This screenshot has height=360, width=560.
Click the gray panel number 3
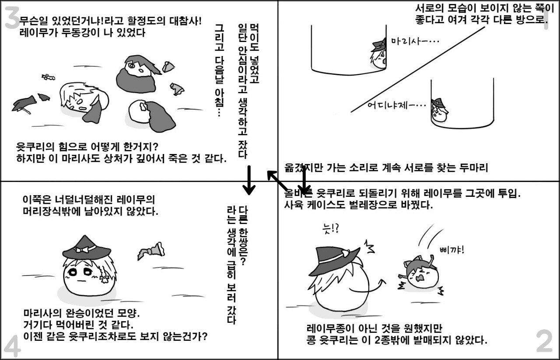12,17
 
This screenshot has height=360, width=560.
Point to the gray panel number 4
12,346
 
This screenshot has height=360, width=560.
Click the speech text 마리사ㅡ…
415,41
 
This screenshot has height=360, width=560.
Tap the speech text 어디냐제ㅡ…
396,105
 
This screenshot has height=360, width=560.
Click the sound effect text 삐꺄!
452,250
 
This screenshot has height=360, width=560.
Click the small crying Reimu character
420,275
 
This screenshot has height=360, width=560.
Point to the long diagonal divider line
418,70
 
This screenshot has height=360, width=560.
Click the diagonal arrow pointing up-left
277,181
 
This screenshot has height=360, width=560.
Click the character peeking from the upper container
378,53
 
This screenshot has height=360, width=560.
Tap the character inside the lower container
439,110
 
